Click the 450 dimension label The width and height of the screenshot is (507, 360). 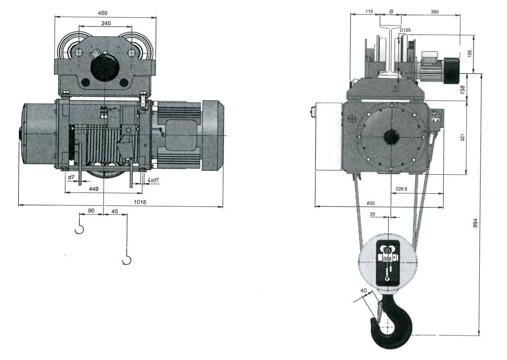pos(103,13)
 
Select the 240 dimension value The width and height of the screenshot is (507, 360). pos(106,23)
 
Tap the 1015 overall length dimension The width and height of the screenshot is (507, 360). pos(140,202)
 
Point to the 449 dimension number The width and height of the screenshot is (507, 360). pos(94,189)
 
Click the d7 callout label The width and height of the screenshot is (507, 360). pos(71,177)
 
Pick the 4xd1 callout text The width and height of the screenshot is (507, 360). pos(153,180)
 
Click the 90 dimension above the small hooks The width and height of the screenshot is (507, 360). pos(91,211)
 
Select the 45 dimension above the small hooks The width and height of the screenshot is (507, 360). pos(115,211)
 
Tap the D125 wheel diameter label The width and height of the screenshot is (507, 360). pos(405,30)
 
